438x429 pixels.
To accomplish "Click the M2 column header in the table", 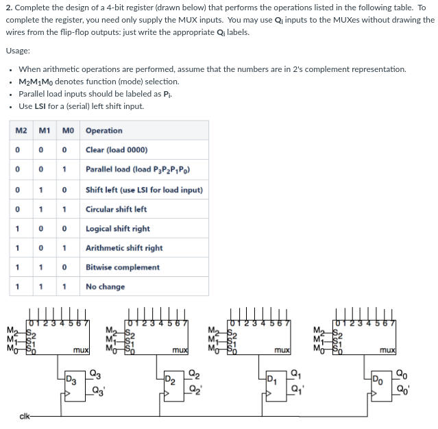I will pos(21,130).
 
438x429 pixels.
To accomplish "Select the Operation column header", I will pos(104,130).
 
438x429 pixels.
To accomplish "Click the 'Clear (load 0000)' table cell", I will pos(116,150).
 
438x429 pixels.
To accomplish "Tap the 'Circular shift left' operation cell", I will pos(116,209).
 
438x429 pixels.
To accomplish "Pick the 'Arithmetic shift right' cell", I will pos(124,248).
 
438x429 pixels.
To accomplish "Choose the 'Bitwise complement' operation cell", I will pos(123,267).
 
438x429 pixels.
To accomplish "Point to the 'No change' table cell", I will pos(105,286).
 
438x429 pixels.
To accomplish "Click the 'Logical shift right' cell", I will pos(117,229).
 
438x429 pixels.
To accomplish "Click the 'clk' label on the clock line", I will pos(26,415).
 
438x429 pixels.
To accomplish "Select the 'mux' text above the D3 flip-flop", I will pos(81,350).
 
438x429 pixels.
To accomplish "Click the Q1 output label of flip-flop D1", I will pos(297,373).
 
